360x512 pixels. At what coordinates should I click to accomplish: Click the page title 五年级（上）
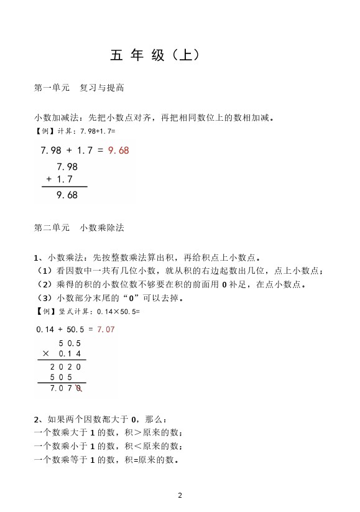pos(155,55)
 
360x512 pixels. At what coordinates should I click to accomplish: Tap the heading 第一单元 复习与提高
pos(79,88)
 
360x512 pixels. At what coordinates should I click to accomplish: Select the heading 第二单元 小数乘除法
pos(79,228)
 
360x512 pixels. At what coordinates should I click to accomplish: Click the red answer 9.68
pos(118,151)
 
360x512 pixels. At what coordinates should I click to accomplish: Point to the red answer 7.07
pos(106,329)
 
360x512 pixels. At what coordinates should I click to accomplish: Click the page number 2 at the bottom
pos(180,495)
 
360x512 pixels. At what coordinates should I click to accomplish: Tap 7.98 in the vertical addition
pos(67,167)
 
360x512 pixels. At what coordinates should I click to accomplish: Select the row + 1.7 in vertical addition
pos(60,180)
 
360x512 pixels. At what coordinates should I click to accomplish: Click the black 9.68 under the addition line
pos(67,195)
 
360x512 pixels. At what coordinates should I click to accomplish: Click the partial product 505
pos(61,377)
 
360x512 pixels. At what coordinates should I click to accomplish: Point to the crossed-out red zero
pos(79,389)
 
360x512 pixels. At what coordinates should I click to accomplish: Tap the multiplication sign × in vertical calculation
pos(45,353)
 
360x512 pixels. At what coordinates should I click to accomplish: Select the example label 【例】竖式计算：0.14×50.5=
pos(87,312)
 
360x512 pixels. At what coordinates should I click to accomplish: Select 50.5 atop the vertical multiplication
pos(70,343)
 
